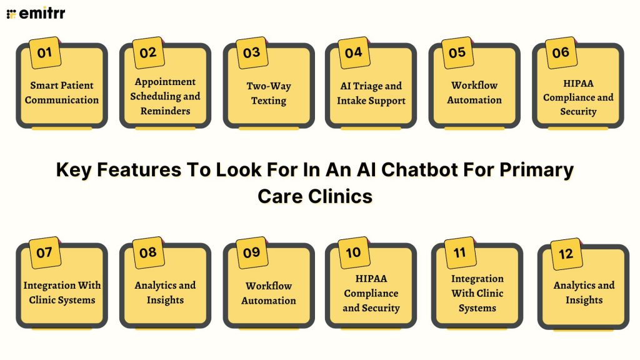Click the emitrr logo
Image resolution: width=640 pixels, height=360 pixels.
coord(36,13)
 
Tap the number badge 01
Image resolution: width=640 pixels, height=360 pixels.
coord(44,52)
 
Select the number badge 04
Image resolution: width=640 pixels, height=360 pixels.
coord(353,52)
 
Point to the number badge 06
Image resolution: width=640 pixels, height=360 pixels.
coord(560,52)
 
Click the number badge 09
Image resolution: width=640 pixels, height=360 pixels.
coord(251,252)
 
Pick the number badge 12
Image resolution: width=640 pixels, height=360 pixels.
coord(566,254)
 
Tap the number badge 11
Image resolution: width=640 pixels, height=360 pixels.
coord(459,253)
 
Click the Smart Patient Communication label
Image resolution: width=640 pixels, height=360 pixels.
coord(62,92)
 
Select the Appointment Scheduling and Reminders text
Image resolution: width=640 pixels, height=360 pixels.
coord(165,96)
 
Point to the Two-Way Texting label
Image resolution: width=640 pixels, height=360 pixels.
coord(269,93)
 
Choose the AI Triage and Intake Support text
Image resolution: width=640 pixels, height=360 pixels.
coord(371,93)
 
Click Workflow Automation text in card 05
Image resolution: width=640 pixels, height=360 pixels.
coord(474,92)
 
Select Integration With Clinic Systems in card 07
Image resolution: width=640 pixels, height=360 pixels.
coord(62,292)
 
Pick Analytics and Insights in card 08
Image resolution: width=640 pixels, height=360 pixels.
coord(165,292)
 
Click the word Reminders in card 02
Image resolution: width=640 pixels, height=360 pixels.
coord(165,111)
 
